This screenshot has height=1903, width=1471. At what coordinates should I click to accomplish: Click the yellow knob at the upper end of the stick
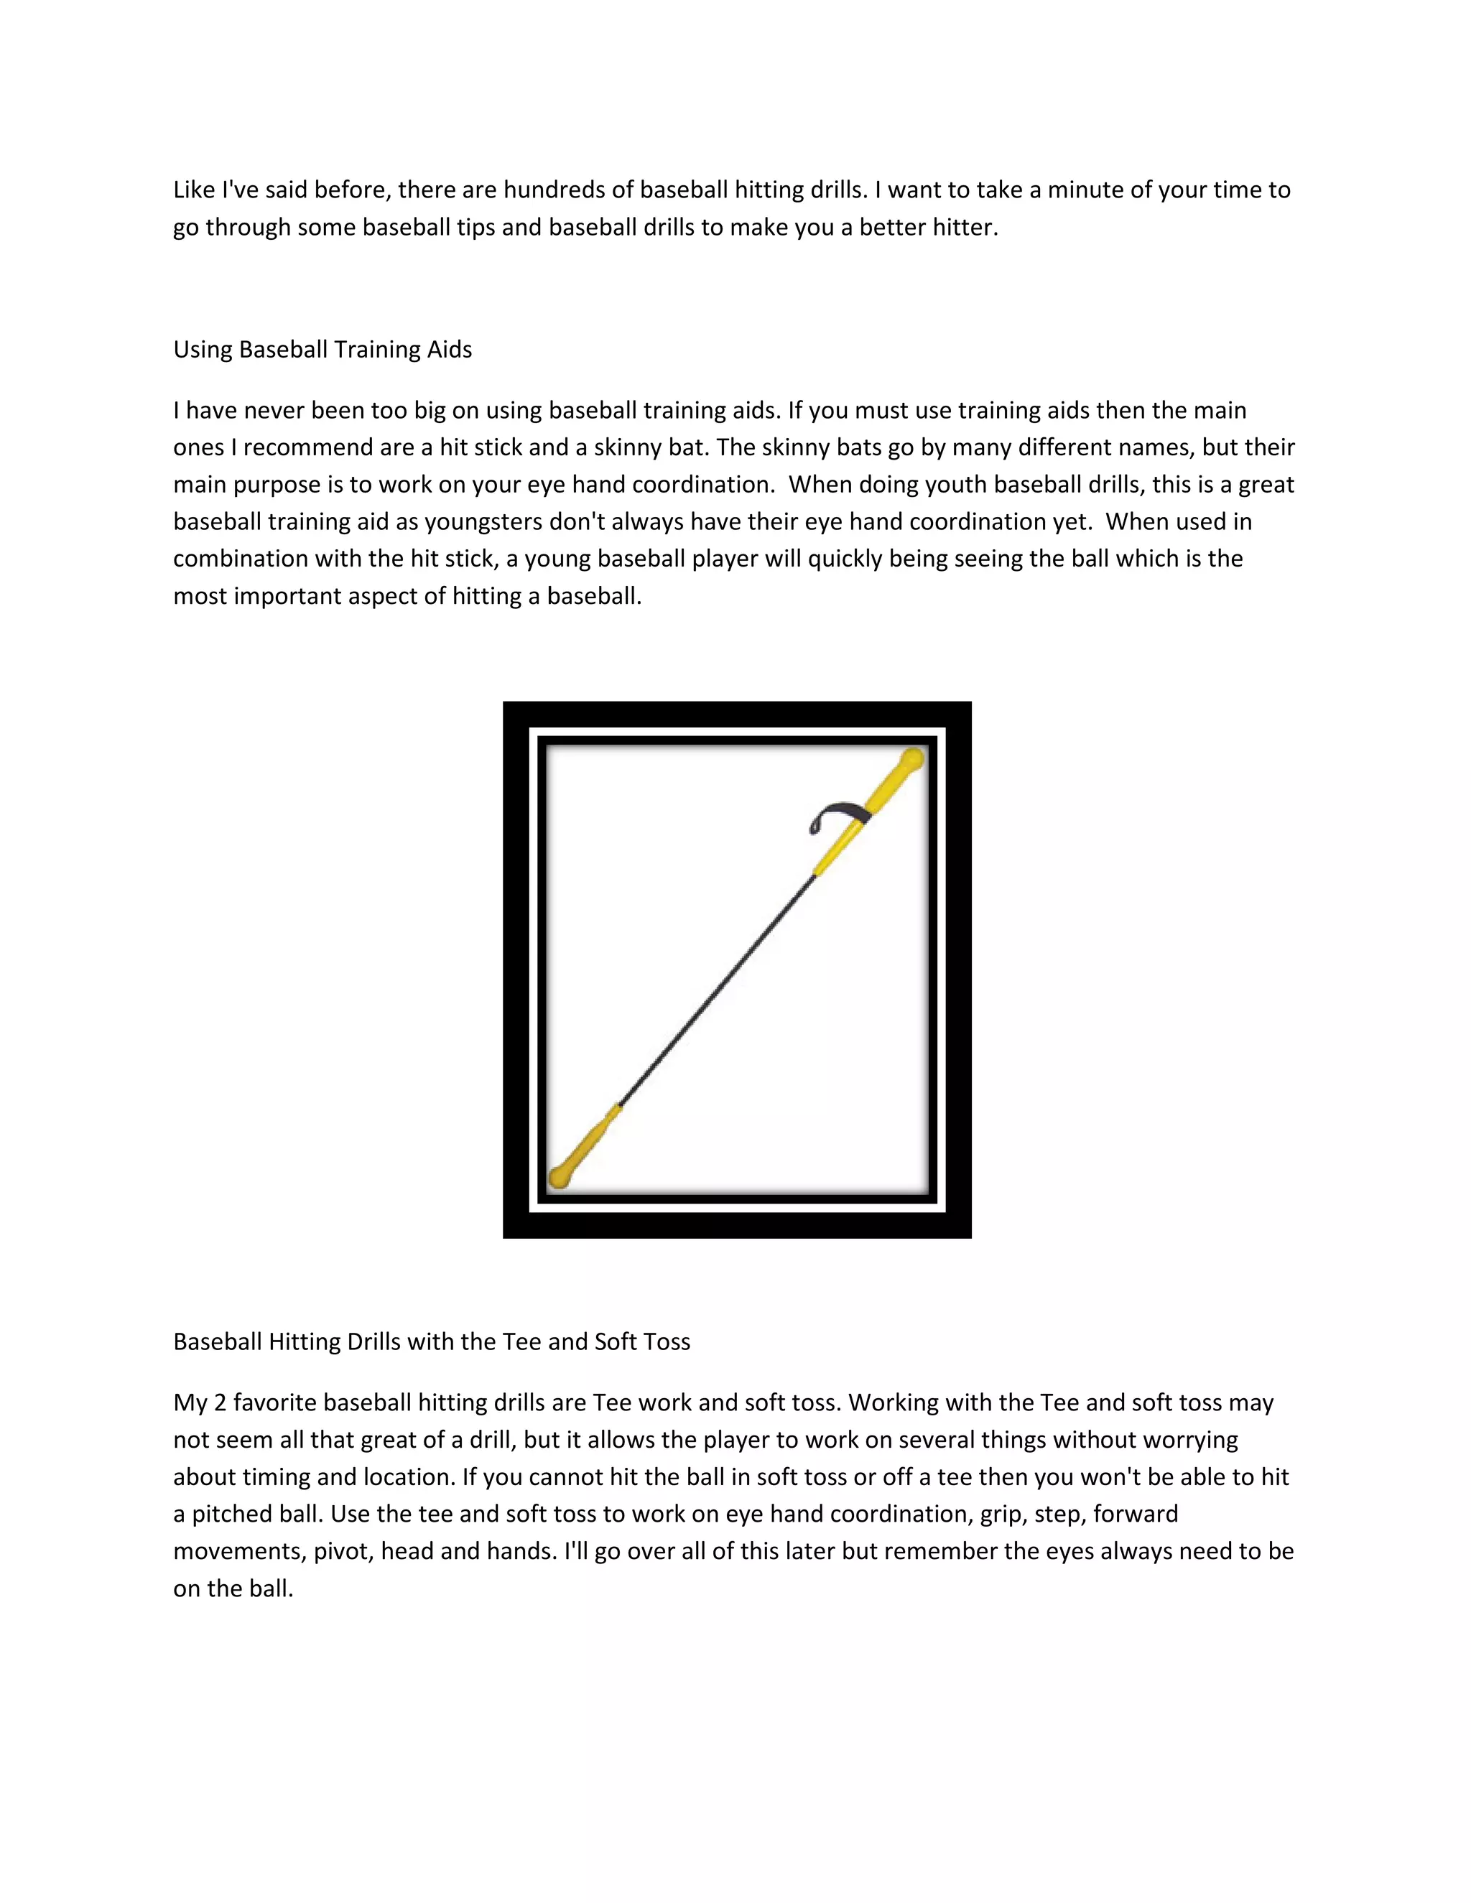[x=911, y=759]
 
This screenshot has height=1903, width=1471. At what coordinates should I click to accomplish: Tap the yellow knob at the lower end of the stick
[x=560, y=1178]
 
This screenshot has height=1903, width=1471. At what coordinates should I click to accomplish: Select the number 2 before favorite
[x=220, y=1403]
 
